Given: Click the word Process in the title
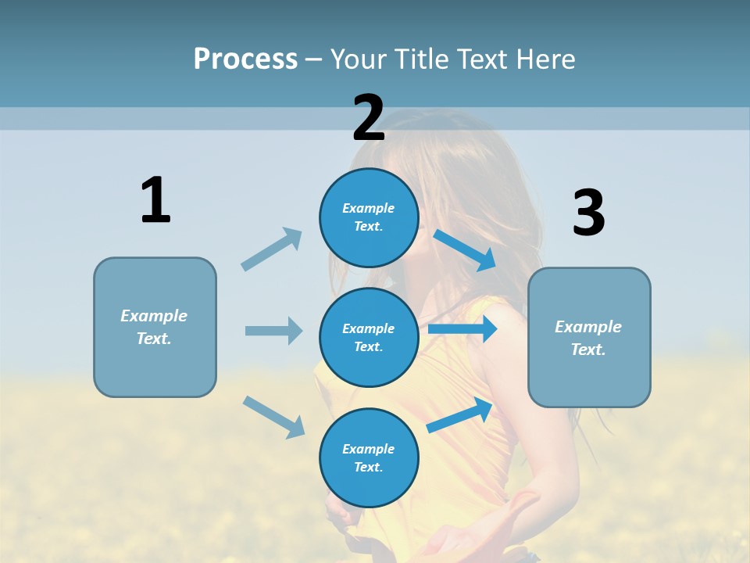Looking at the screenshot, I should (x=245, y=59).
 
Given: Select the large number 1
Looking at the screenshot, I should (x=155, y=201).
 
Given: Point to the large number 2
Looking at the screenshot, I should (x=369, y=118).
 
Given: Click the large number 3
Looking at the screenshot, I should (x=588, y=213).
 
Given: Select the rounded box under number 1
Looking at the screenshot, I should (x=155, y=327).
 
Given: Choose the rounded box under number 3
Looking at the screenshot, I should (x=589, y=337).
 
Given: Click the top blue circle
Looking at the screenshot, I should (x=369, y=217).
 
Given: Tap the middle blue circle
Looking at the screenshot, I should (x=369, y=337).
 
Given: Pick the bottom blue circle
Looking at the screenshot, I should (x=369, y=457).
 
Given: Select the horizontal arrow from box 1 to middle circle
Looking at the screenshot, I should (x=273, y=331).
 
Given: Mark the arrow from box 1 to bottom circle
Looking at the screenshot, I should (x=273, y=417).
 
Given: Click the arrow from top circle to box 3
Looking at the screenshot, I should (x=465, y=249).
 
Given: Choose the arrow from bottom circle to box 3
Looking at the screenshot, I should (x=460, y=414).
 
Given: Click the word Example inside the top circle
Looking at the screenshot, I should (x=369, y=208).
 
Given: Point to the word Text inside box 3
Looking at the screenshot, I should (x=587, y=350).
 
